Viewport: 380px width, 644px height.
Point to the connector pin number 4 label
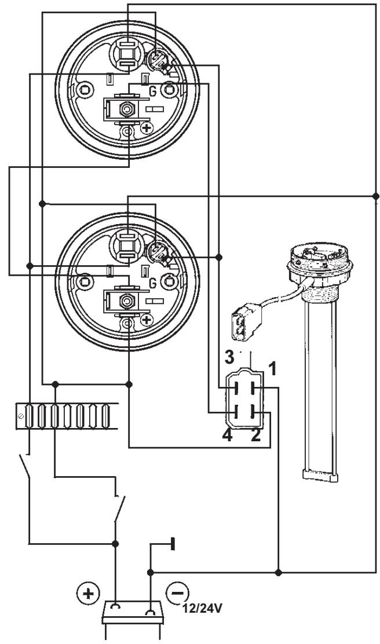[228, 436]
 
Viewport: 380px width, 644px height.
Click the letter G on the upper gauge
[152, 92]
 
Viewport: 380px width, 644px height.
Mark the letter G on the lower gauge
[152, 283]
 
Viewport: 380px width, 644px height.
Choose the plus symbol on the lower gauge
[147, 320]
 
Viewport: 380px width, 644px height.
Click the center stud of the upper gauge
[125, 109]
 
